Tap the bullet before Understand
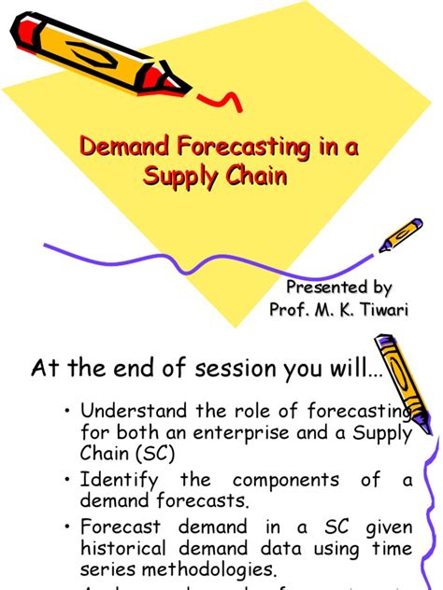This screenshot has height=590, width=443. tap(67, 412)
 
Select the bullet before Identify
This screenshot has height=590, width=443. tap(67, 481)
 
